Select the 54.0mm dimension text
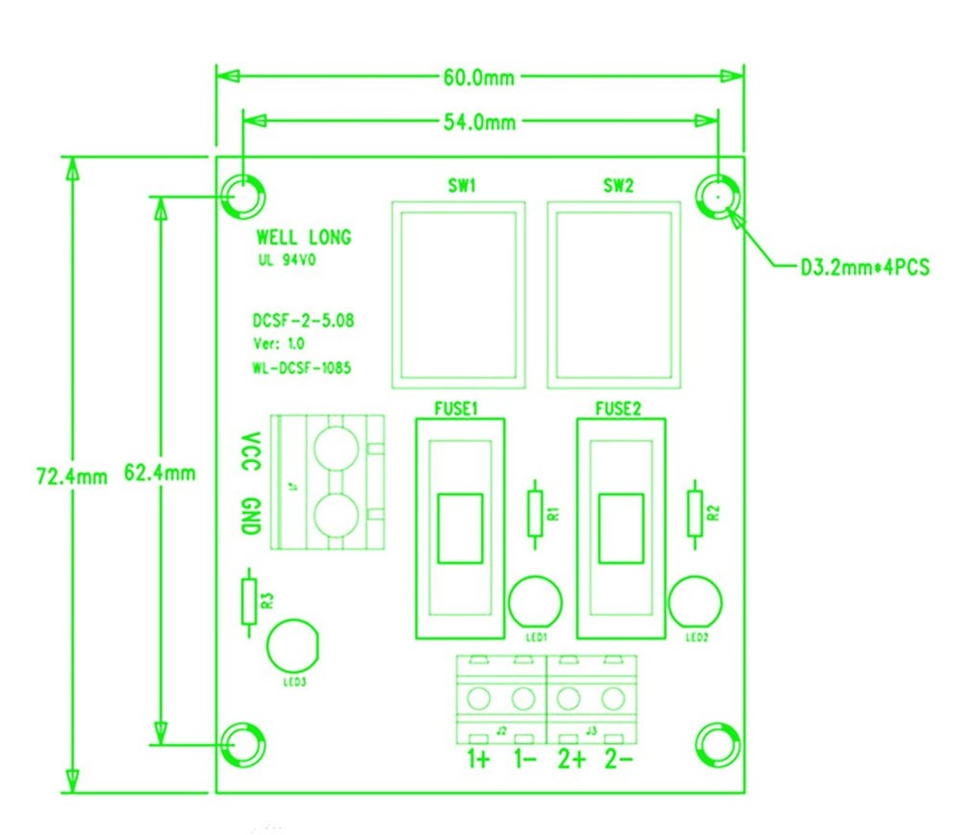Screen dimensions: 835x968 tap(480, 122)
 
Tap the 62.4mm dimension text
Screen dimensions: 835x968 tap(161, 474)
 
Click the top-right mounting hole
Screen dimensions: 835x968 tap(717, 197)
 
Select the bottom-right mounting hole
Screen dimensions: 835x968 tap(717, 744)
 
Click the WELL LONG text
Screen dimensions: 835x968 tap(303, 237)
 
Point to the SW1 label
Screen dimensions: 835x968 tap(458, 186)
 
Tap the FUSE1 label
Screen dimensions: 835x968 tap(458, 409)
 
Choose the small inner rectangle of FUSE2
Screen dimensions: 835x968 tap(620, 528)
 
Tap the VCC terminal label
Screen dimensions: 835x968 tap(250, 452)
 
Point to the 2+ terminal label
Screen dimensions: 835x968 tap(570, 759)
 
